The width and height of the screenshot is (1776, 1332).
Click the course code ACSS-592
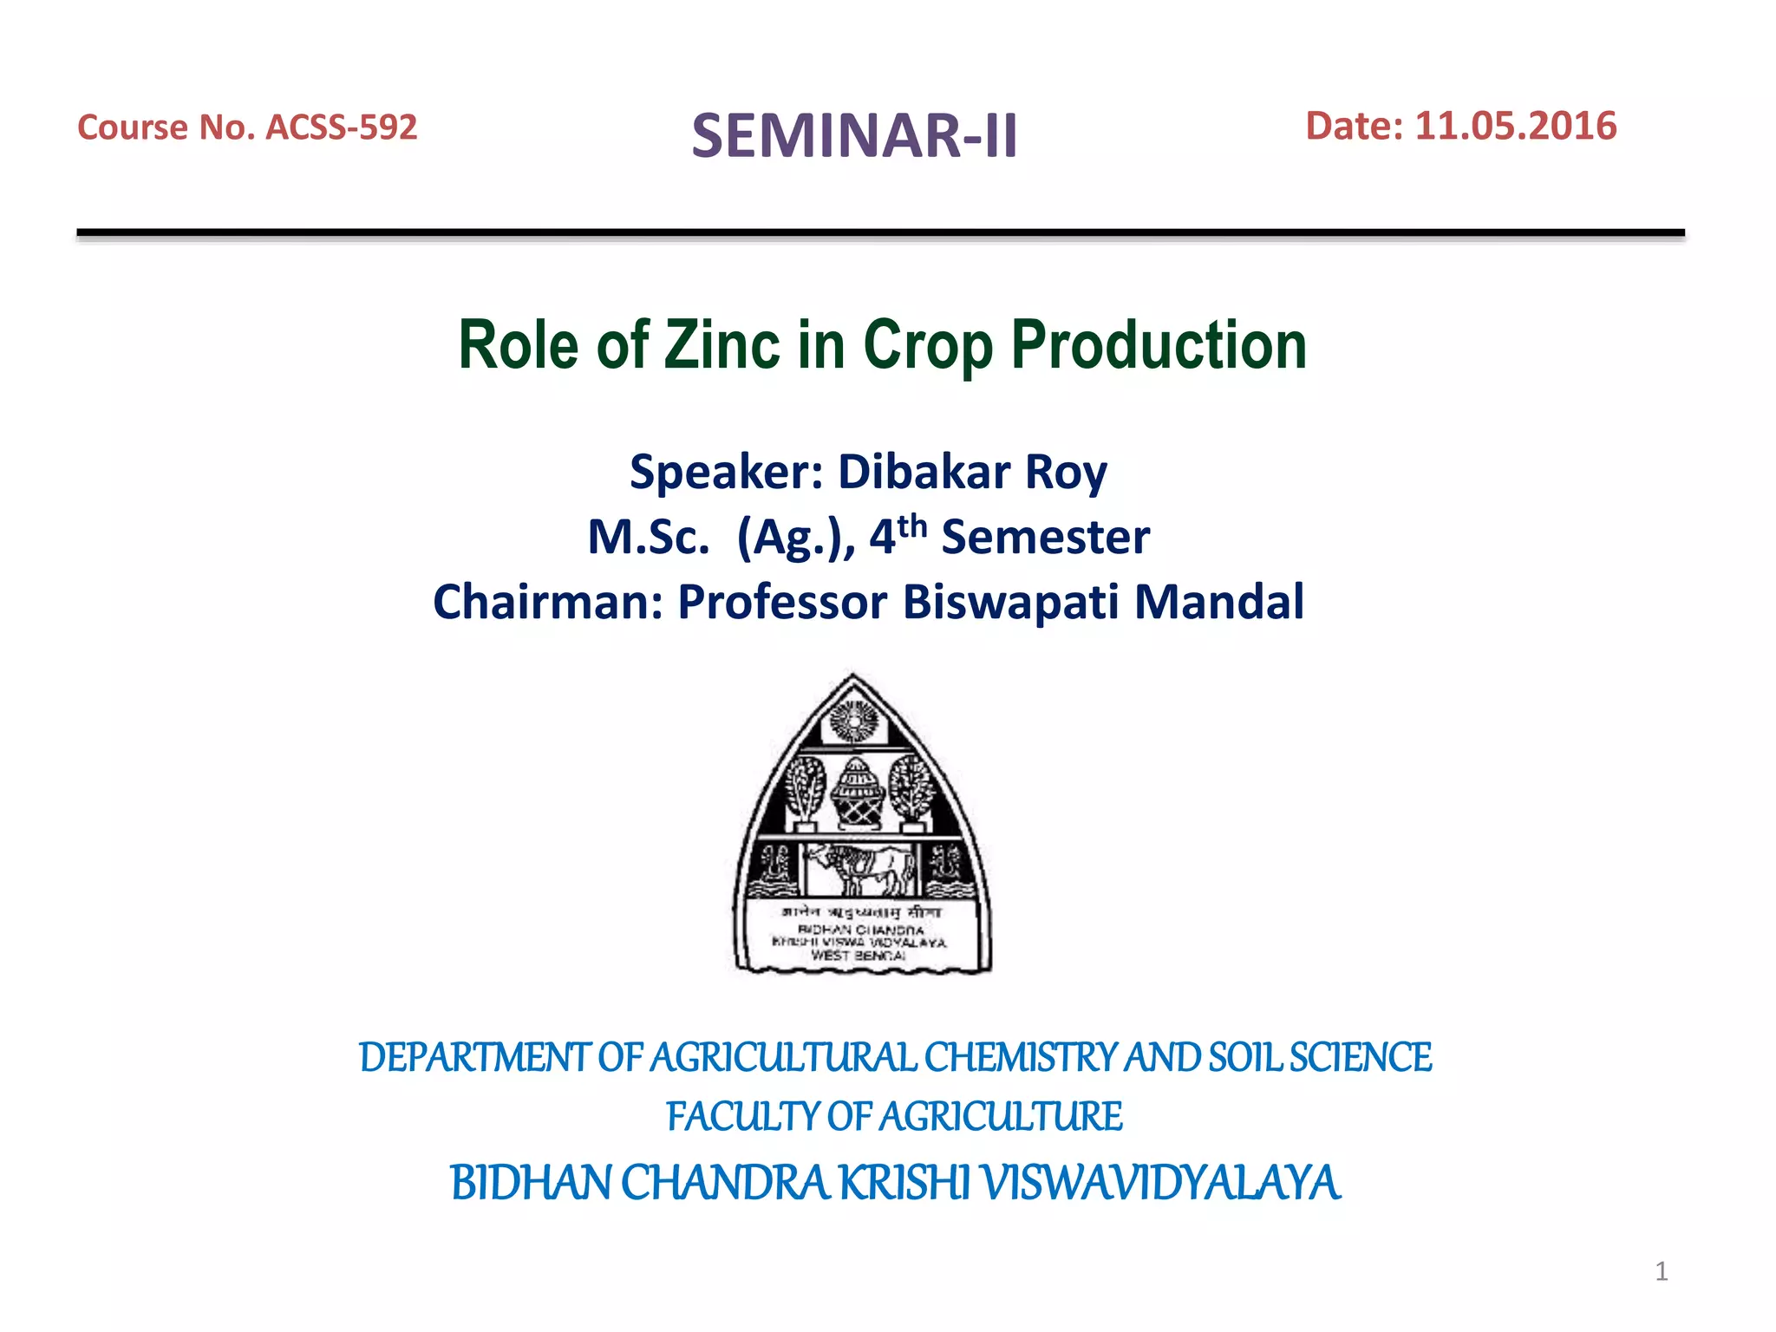(341, 127)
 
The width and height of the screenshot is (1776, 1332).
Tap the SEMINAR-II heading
(854, 136)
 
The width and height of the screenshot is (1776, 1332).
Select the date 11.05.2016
(1515, 126)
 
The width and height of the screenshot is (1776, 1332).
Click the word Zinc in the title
(721, 345)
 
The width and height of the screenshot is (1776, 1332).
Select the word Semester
(1045, 538)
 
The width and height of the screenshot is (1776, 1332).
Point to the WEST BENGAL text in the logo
(858, 956)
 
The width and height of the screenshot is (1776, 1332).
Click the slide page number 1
(1661, 1271)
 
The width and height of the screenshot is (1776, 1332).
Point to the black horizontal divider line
(880, 232)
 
